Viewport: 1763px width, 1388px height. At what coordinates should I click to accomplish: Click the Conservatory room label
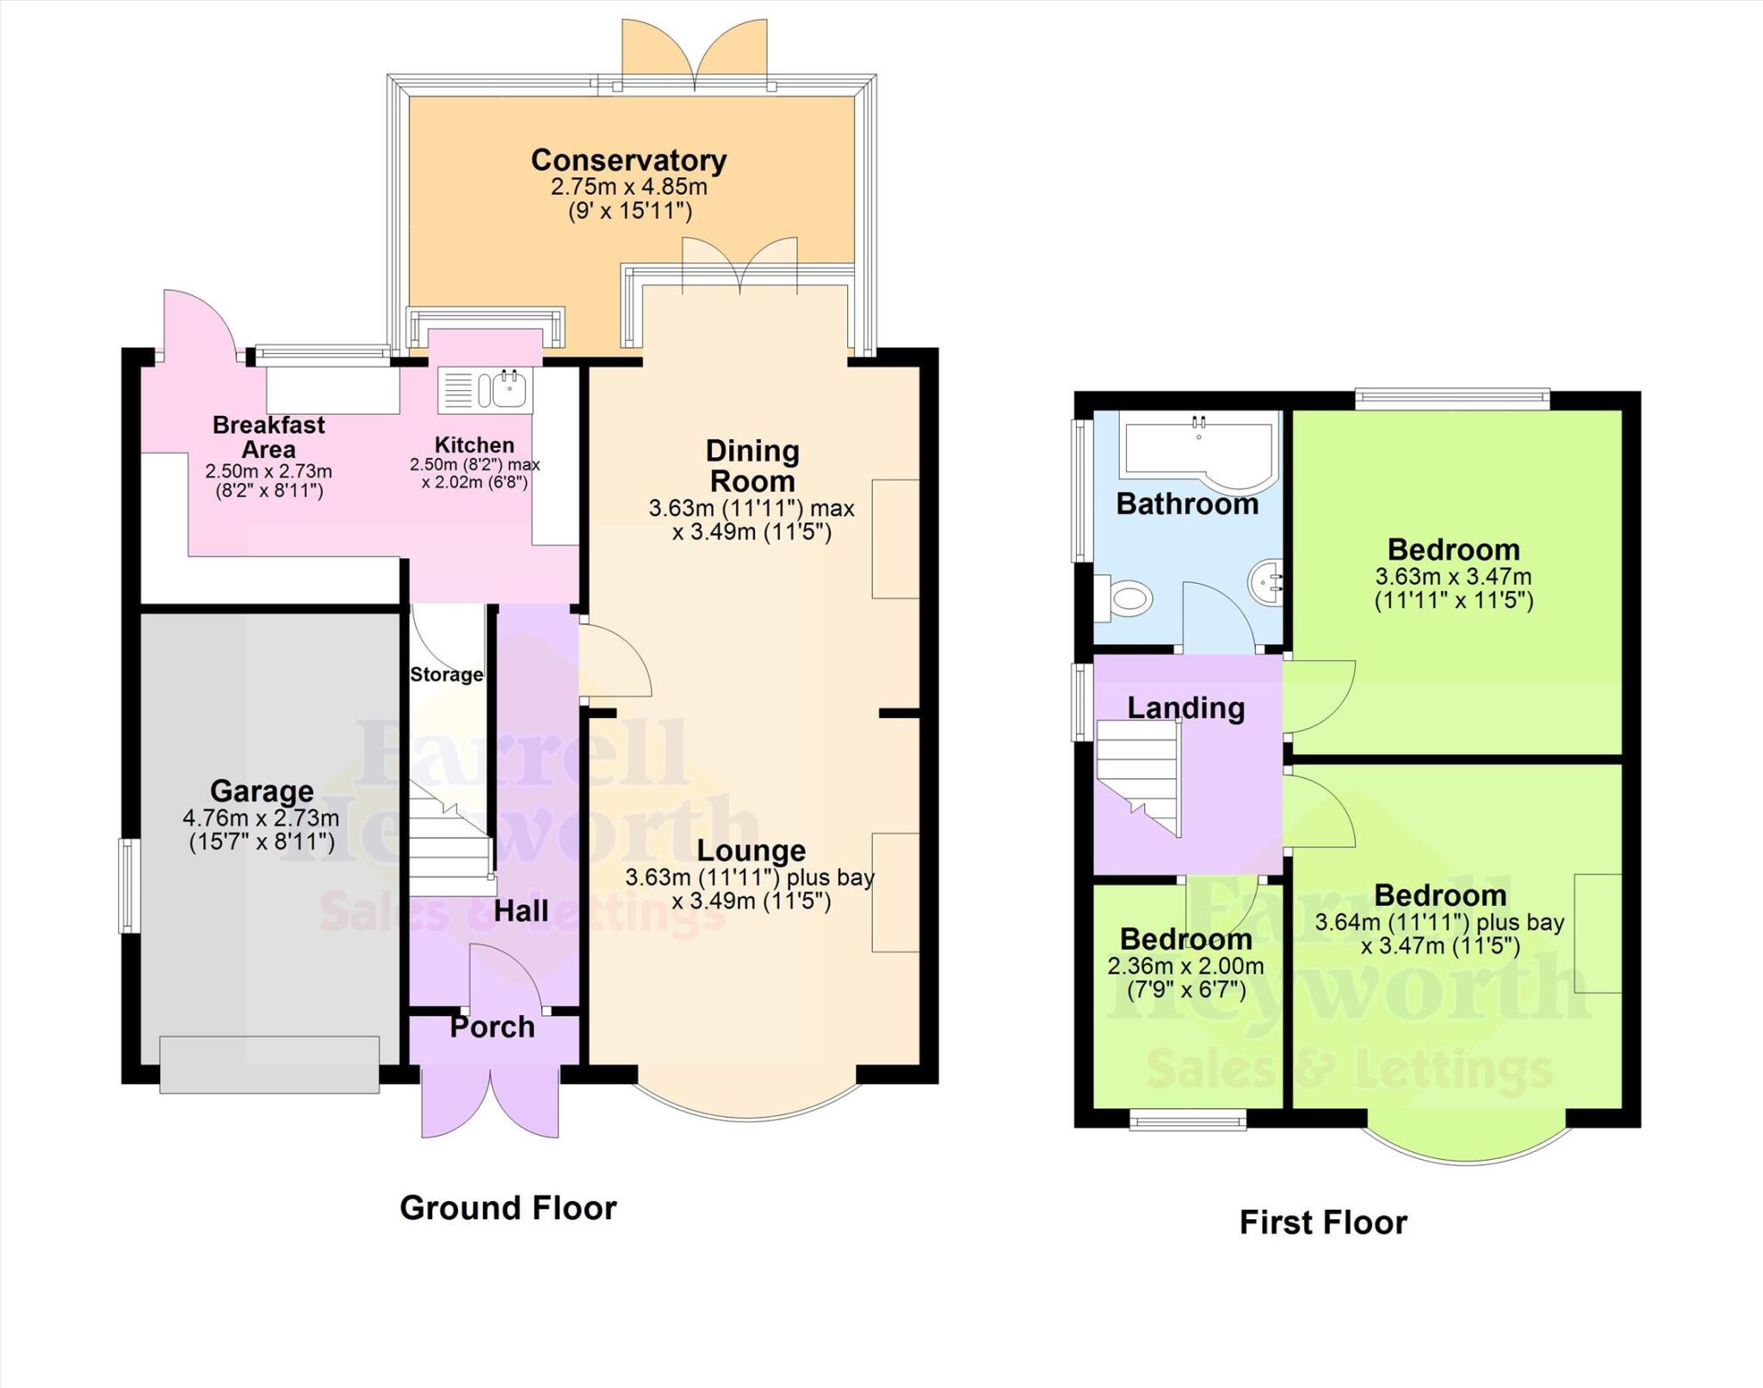628,160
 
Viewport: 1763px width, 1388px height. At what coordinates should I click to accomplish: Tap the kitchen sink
510,389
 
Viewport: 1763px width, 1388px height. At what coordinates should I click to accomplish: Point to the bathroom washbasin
1266,579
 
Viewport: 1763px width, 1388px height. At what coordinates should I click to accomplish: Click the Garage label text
262,790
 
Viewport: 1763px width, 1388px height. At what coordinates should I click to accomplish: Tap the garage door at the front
269,1065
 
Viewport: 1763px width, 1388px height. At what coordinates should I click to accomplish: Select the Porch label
492,1026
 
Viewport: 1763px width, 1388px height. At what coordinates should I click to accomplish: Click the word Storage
446,674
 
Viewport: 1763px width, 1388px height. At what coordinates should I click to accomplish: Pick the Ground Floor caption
508,1208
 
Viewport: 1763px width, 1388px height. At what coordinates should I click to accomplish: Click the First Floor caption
1322,1222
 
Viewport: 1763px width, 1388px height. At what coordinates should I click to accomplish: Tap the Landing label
1185,708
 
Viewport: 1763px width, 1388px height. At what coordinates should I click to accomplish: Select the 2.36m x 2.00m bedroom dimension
1185,966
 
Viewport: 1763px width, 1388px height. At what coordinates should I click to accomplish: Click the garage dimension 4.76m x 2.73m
261,818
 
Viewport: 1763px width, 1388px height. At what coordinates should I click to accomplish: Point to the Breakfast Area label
269,437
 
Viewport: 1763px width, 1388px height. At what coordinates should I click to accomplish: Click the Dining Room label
752,466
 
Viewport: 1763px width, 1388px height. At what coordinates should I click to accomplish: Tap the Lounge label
751,851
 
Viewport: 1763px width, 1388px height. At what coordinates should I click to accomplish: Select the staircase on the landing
1138,775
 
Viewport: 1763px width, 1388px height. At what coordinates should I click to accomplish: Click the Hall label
521,911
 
